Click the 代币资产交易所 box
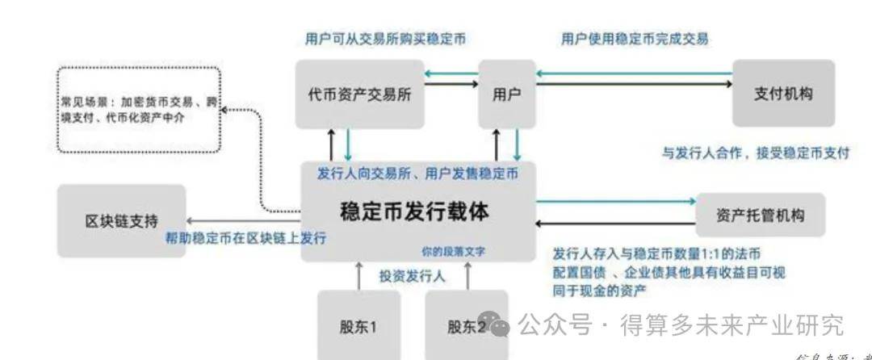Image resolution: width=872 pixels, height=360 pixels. [x=359, y=94]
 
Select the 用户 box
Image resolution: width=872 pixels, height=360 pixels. [x=506, y=94]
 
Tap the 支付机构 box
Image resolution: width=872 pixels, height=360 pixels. [x=782, y=94]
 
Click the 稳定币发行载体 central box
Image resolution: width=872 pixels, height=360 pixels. [x=416, y=212]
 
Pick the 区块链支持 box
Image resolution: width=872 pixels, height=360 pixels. [x=121, y=220]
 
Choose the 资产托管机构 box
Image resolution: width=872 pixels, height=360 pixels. [x=760, y=216]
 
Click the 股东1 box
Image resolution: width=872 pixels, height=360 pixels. [x=358, y=327]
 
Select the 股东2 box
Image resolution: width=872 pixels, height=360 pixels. [x=466, y=327]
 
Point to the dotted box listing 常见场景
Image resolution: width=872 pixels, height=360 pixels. [x=139, y=111]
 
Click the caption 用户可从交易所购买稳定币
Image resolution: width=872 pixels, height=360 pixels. [x=385, y=39]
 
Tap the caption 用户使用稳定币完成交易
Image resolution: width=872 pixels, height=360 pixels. [x=635, y=39]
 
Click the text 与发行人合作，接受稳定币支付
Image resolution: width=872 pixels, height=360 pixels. [x=756, y=153]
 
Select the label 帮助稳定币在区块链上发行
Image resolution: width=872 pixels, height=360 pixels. [x=245, y=238]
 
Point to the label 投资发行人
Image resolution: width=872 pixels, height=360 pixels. [x=412, y=275]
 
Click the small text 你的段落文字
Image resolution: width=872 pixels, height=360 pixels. [x=452, y=252]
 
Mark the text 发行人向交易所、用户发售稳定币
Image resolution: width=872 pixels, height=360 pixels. [x=417, y=173]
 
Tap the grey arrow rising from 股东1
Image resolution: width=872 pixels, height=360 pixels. [x=359, y=275]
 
